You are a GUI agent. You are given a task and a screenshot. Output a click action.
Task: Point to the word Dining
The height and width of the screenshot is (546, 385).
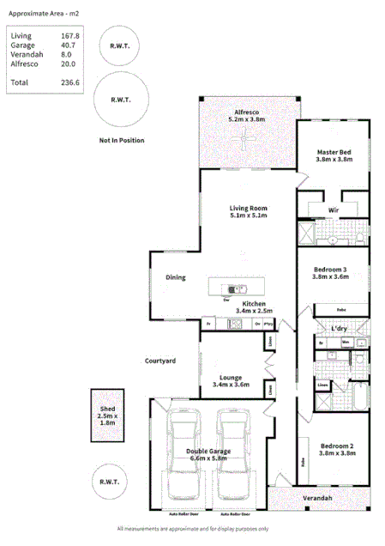[176, 277]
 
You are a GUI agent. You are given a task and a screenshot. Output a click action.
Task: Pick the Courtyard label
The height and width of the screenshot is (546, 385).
[160, 361]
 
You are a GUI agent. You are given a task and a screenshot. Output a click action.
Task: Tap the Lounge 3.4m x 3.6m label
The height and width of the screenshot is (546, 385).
[231, 381]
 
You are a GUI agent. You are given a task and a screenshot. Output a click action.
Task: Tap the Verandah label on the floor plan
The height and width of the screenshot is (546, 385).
[316, 498]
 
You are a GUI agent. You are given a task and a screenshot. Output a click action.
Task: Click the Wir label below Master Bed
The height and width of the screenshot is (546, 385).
[333, 210]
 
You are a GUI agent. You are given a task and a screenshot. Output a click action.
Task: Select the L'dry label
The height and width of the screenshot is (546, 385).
[339, 329]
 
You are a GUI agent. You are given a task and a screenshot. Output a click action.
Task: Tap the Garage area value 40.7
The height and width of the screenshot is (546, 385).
[70, 45]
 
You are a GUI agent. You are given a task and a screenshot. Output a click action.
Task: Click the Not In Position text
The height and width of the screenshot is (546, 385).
[121, 139]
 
